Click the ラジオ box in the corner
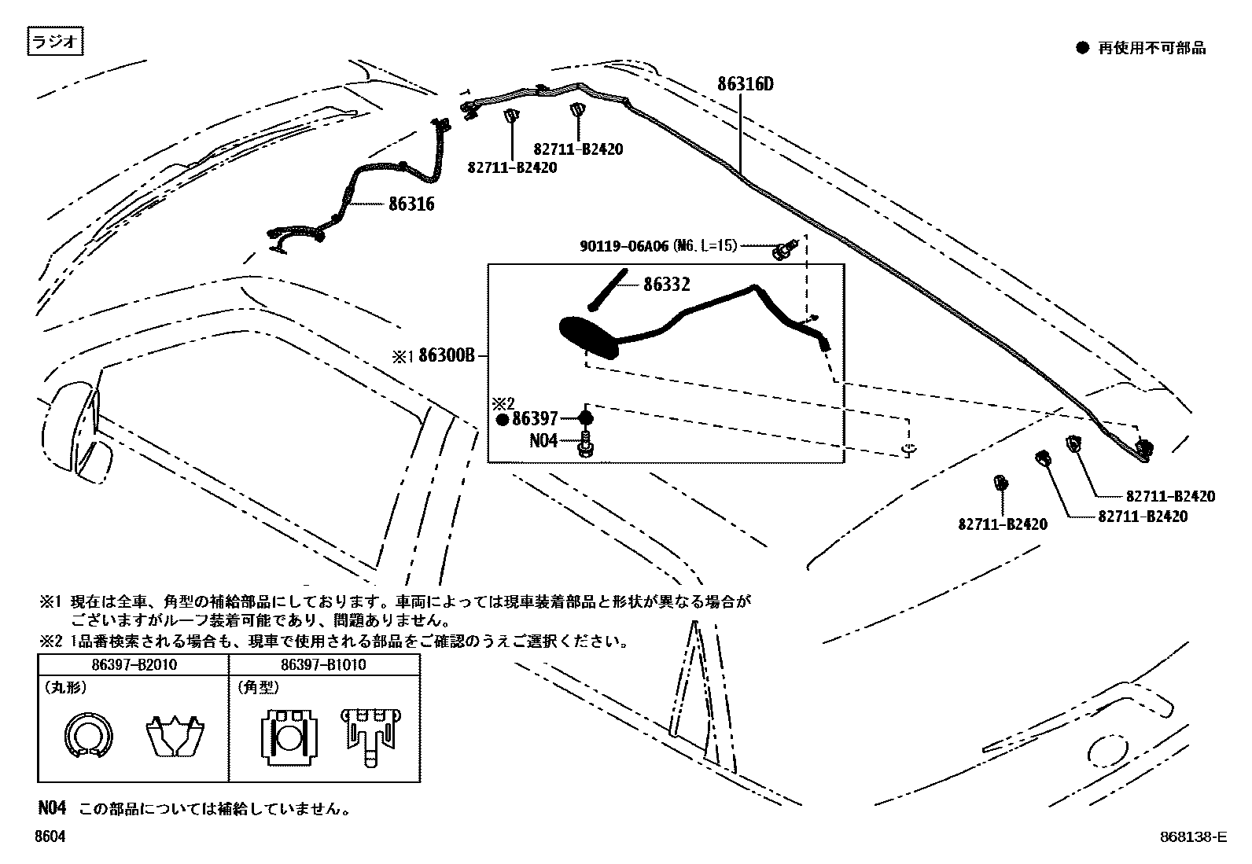(55, 42)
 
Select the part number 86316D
(745, 84)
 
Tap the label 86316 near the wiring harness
(411, 204)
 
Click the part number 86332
(666, 285)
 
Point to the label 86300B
(447, 355)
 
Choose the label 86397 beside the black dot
(534, 419)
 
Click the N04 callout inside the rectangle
(543, 440)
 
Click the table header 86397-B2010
(134, 665)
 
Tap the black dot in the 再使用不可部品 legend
(1082, 48)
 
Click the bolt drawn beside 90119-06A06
(783, 249)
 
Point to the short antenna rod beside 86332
(609, 290)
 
